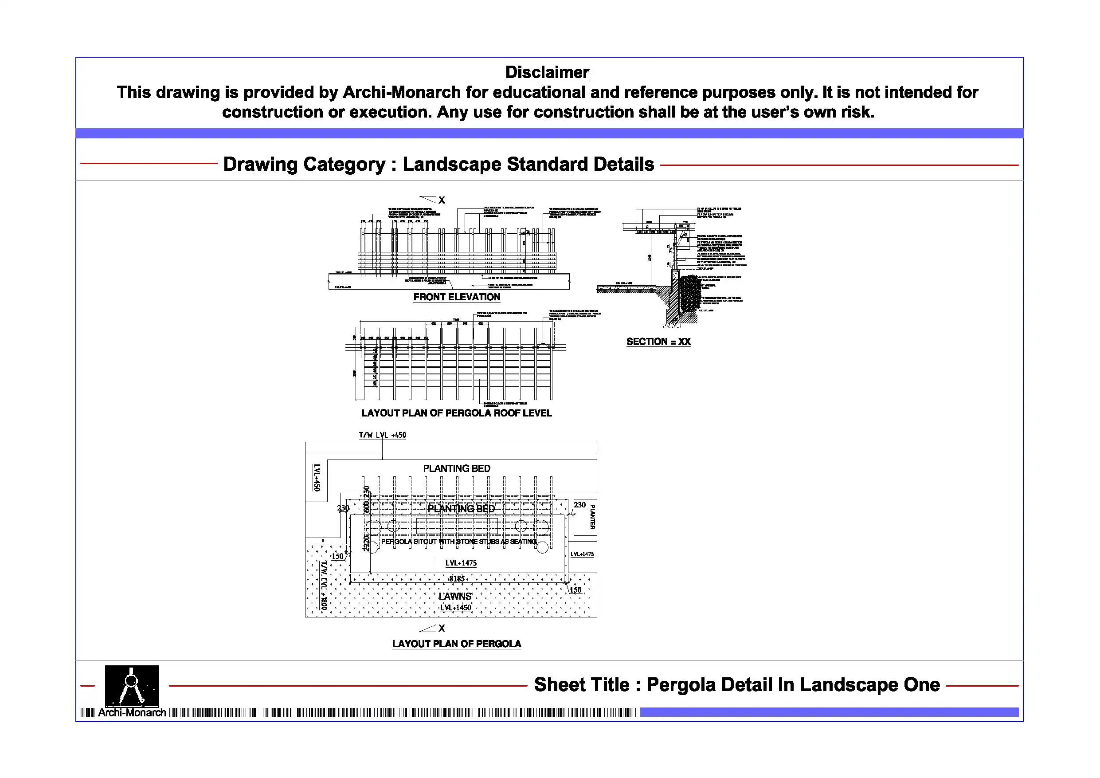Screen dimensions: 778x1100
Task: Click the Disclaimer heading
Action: click(x=547, y=72)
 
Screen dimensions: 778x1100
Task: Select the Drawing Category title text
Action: click(x=438, y=165)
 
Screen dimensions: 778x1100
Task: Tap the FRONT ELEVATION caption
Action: click(x=457, y=297)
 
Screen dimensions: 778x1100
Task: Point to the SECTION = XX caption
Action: click(x=658, y=342)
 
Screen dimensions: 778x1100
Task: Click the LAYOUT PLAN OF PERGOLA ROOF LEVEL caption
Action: click(x=456, y=413)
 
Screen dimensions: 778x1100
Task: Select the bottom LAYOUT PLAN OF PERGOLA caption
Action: click(x=456, y=644)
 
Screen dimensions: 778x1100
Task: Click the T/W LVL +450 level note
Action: click(x=382, y=435)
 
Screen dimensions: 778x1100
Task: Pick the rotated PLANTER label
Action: click(x=593, y=516)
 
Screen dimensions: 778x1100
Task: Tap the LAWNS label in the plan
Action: click(x=455, y=596)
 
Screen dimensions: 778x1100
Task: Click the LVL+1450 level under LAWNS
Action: click(x=456, y=608)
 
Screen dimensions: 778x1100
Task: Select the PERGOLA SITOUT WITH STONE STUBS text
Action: click(x=458, y=542)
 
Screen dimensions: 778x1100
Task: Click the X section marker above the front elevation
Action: click(x=442, y=200)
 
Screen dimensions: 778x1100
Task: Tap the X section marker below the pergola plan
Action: click(x=442, y=628)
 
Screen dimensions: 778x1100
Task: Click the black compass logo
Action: click(x=132, y=685)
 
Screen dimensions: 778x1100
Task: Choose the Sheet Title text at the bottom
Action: click(x=737, y=685)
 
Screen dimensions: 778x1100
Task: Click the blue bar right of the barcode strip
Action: click(x=829, y=712)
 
